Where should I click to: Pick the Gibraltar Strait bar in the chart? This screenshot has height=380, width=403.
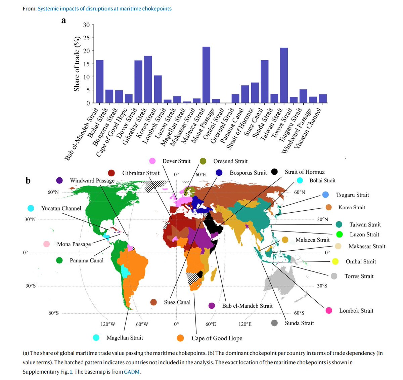coord(148,79)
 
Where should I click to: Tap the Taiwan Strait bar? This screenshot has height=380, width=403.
coord(284,75)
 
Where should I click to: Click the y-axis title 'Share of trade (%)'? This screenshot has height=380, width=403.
coord(77,64)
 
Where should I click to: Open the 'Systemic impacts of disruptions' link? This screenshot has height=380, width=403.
coord(104,8)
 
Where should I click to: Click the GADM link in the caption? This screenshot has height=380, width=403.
coord(132,372)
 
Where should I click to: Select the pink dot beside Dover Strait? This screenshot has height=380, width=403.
coord(152,161)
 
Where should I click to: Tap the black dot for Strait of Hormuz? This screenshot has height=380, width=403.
coord(275,172)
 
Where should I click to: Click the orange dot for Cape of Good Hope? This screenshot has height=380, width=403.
coord(180,338)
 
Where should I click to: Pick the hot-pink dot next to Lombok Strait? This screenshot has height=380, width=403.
coord(329,310)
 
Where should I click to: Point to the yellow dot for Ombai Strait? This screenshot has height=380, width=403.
coord(335,261)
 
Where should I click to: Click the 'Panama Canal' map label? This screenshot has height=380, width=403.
coord(87,260)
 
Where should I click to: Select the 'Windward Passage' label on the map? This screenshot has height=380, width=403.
coord(92,180)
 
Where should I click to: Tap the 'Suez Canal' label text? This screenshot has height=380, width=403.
coord(177,302)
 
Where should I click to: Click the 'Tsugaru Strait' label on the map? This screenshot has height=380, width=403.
coord(352,195)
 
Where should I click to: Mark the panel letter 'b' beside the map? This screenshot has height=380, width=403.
coord(28,181)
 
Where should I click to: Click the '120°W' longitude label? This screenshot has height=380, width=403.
coord(108,324)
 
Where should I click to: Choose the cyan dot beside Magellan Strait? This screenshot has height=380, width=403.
coord(96,338)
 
